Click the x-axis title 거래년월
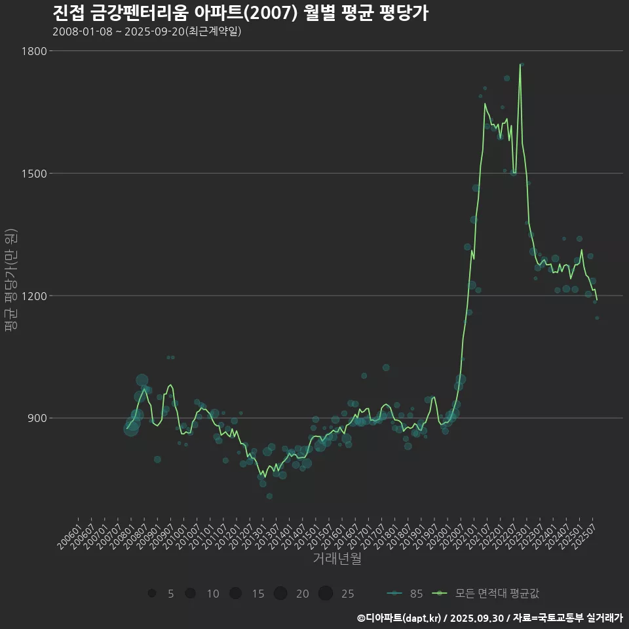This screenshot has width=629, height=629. pos(337,558)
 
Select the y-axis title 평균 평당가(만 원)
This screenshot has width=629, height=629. pos(10,282)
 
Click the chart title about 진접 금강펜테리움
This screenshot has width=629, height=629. pos(240,13)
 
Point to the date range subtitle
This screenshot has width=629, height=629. pos(147,31)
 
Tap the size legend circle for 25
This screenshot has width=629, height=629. pos(326,594)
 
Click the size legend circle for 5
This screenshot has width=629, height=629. pos(152,594)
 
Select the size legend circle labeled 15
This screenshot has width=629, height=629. pos(235,594)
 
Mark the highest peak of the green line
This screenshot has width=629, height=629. pos(520,64)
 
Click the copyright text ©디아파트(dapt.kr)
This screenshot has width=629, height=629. pos(399,617)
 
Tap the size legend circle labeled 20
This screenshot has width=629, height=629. pos(280,594)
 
